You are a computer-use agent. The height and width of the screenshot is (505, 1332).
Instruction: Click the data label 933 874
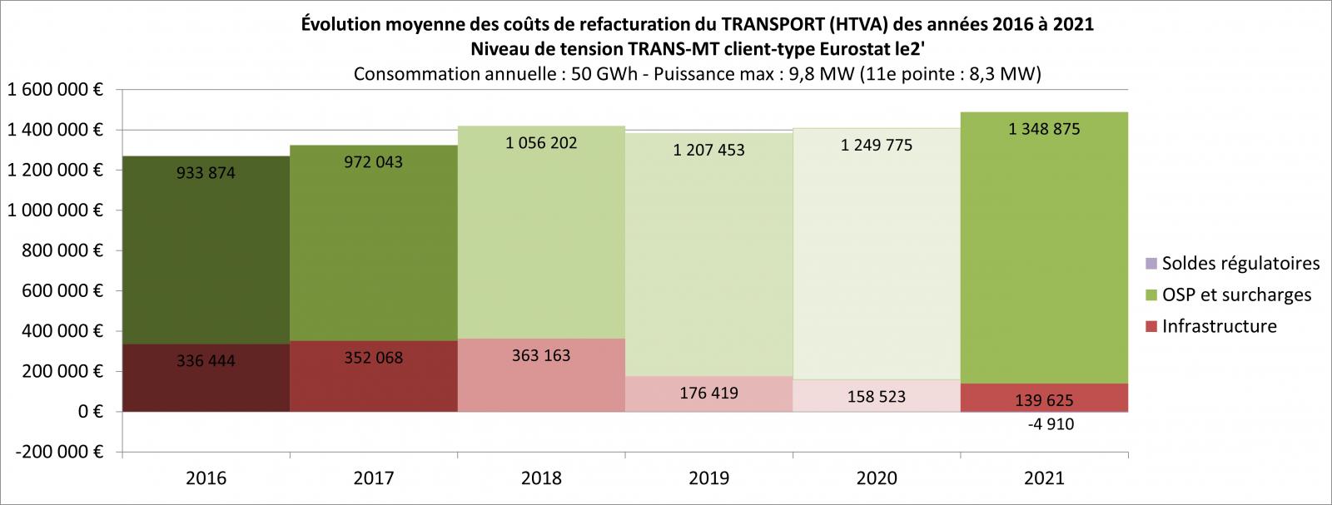point(206,173)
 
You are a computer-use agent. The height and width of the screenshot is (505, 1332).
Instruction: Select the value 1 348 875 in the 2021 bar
point(1044,129)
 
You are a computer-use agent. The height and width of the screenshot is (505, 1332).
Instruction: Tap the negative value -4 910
point(1044,424)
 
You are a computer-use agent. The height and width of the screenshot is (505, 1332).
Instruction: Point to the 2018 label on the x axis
point(540,478)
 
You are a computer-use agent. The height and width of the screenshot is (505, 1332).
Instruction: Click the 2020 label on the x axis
point(877,478)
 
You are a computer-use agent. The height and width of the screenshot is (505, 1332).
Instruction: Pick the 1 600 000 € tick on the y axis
point(54,90)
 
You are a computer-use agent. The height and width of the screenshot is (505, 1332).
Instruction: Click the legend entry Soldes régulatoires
point(1240,264)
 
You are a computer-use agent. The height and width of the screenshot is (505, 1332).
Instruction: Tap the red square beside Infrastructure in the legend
point(1151,326)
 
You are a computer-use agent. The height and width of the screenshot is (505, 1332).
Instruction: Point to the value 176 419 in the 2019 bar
point(708,392)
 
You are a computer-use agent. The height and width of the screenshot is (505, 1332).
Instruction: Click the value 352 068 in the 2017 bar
point(373,358)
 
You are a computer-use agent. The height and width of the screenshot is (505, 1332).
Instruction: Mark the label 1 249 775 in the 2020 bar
point(877,145)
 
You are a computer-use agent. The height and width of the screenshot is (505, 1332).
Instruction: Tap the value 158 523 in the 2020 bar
point(877,396)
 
